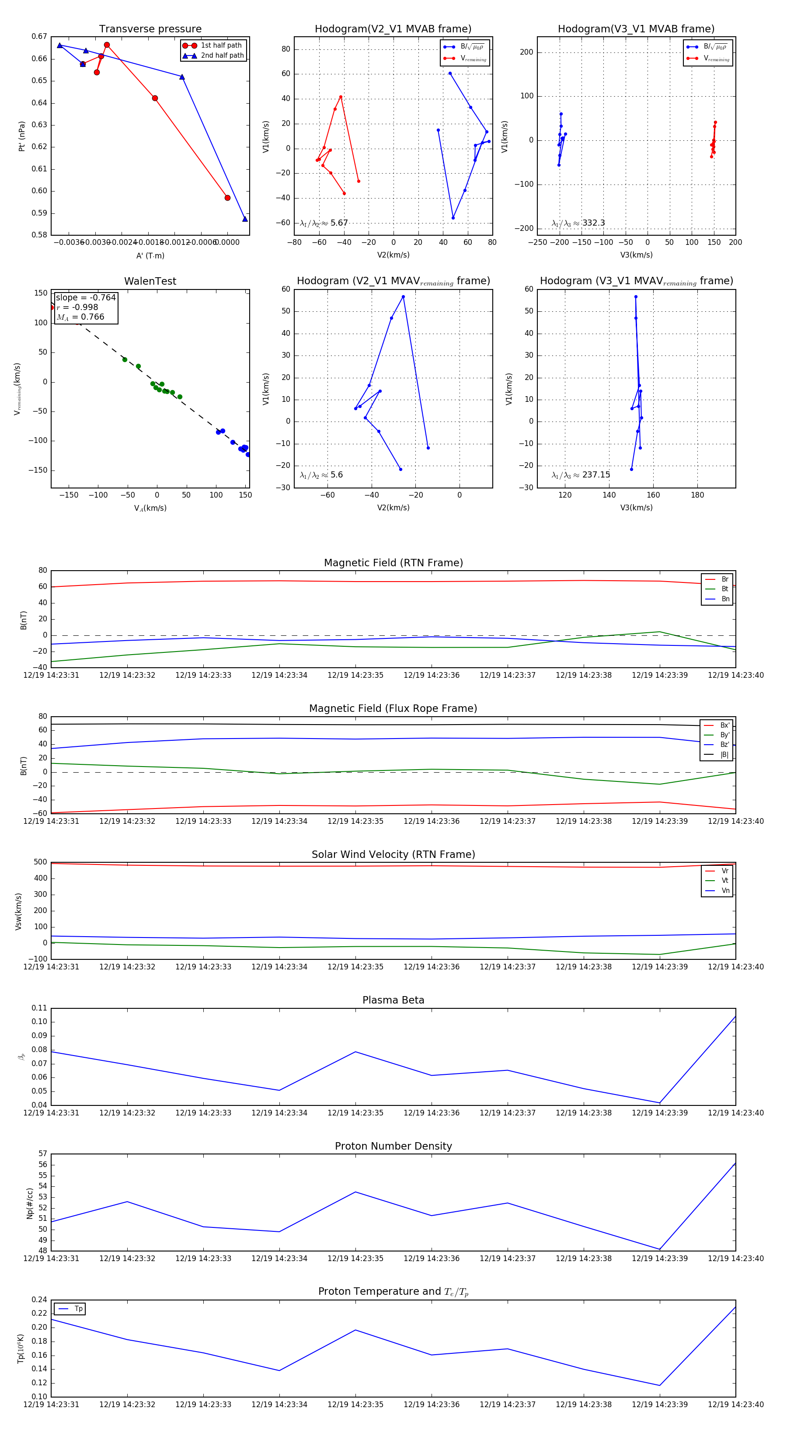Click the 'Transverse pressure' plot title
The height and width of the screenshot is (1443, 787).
point(150,29)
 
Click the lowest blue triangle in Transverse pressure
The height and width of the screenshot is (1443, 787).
point(245,219)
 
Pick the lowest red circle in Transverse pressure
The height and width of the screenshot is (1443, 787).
point(227,198)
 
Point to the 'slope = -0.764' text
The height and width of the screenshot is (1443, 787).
point(86,297)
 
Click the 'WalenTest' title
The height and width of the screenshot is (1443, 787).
point(150,281)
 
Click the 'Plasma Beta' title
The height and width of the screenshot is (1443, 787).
point(393,1000)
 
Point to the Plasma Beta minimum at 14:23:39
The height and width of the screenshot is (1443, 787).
point(660,1103)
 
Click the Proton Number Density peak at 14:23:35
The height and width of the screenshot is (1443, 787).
point(355,1192)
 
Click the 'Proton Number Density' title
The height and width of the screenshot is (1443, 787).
point(393,1146)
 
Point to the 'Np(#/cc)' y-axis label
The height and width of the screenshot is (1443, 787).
point(30,1204)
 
